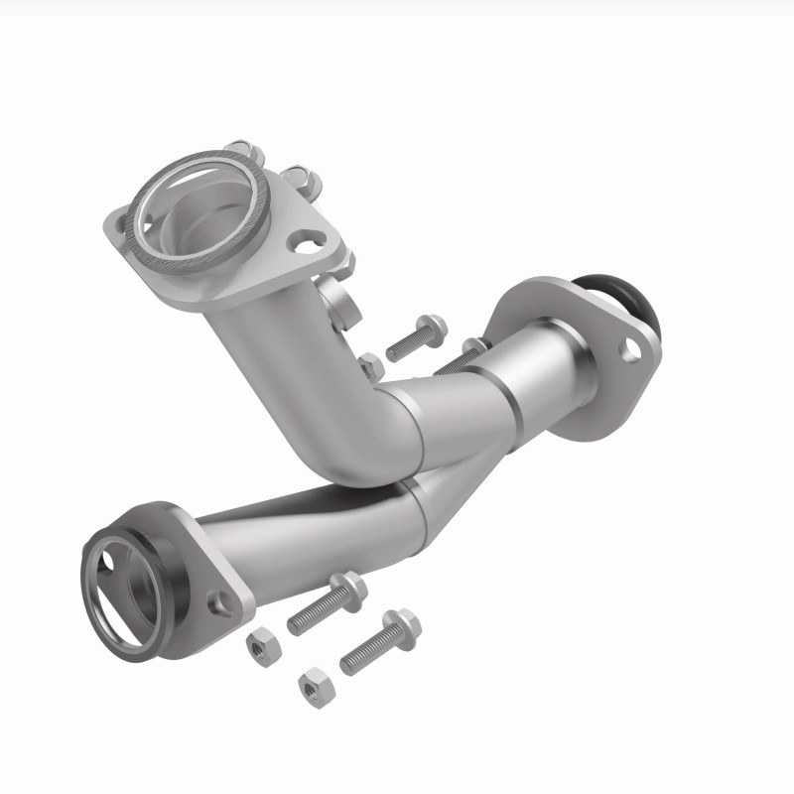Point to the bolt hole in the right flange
click(x=629, y=348)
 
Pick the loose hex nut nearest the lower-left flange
click(x=263, y=645)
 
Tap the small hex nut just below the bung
click(x=371, y=365)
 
